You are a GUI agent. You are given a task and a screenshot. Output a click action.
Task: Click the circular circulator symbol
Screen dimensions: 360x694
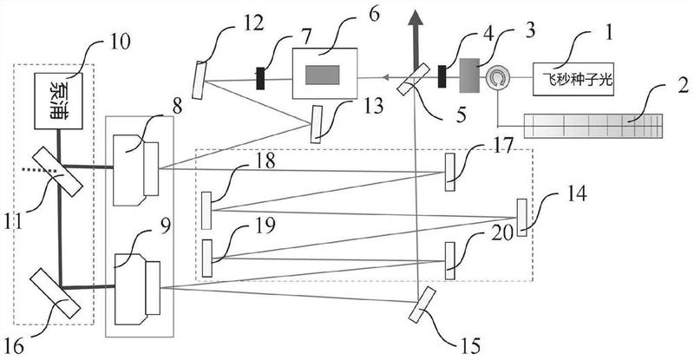pyautogui.click(x=497, y=79)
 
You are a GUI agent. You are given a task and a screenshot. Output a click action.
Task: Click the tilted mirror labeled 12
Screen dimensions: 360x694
pyautogui.click(x=202, y=80)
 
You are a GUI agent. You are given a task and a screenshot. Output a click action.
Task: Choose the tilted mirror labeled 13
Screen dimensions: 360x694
pyautogui.click(x=315, y=123)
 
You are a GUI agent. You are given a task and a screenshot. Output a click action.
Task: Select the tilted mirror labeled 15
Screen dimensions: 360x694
pyautogui.click(x=422, y=304)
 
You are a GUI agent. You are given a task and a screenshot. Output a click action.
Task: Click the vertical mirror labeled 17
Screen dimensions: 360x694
pyautogui.click(x=449, y=171)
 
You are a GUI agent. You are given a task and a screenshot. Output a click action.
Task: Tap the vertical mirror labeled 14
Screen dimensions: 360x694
pyautogui.click(x=521, y=217)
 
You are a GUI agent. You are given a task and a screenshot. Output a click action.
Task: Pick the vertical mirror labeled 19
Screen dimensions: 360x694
pyautogui.click(x=206, y=257)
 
